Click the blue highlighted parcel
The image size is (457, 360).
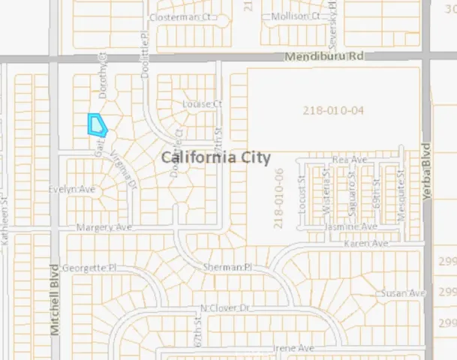click(97, 124)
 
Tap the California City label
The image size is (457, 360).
click(215, 157)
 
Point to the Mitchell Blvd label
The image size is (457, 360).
click(54, 299)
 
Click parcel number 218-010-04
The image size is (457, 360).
click(333, 110)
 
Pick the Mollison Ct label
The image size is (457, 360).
click(294, 15)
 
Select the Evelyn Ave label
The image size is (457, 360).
click(73, 190)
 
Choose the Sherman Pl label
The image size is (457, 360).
click(227, 267)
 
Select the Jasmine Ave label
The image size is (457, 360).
click(350, 226)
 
